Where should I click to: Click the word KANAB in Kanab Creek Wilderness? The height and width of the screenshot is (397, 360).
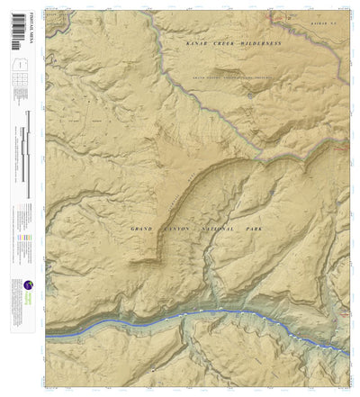[196, 43]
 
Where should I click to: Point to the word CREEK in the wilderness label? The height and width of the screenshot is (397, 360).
[224, 43]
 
